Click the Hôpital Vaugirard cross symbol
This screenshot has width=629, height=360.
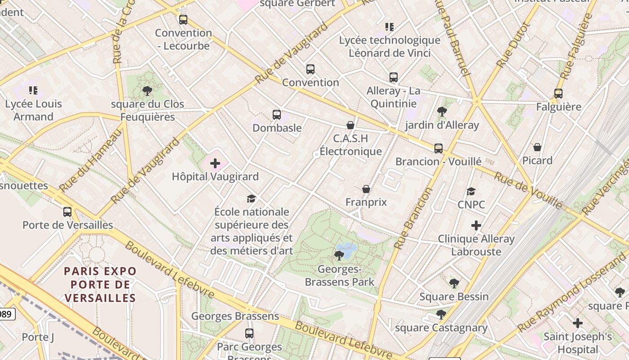click(x=215, y=163)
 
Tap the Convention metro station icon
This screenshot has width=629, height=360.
click(x=310, y=69)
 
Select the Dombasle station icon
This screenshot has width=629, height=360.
click(x=277, y=115)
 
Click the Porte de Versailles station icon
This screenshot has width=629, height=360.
click(x=67, y=211)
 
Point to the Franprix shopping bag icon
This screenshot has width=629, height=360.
click(x=366, y=189)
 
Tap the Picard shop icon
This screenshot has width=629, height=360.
click(x=537, y=147)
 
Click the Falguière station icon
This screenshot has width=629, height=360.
click(x=558, y=94)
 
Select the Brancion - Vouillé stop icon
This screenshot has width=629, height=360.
click(x=438, y=148)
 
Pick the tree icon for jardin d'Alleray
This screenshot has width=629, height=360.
click(x=442, y=112)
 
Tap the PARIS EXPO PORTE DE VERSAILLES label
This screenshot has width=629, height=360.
click(x=100, y=284)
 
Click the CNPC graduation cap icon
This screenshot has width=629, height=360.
click(x=471, y=191)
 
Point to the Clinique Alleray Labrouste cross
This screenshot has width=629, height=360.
click(x=476, y=225)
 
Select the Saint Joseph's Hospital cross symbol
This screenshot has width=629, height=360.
click(x=578, y=323)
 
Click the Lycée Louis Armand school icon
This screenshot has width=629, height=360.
click(x=33, y=90)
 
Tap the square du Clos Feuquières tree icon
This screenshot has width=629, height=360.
click(x=147, y=91)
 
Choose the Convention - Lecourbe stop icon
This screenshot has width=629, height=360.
click(x=183, y=20)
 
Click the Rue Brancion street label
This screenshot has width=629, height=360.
click(x=412, y=218)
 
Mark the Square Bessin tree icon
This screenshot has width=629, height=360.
click(x=454, y=283)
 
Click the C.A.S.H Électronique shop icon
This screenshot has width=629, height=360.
click(x=350, y=125)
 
